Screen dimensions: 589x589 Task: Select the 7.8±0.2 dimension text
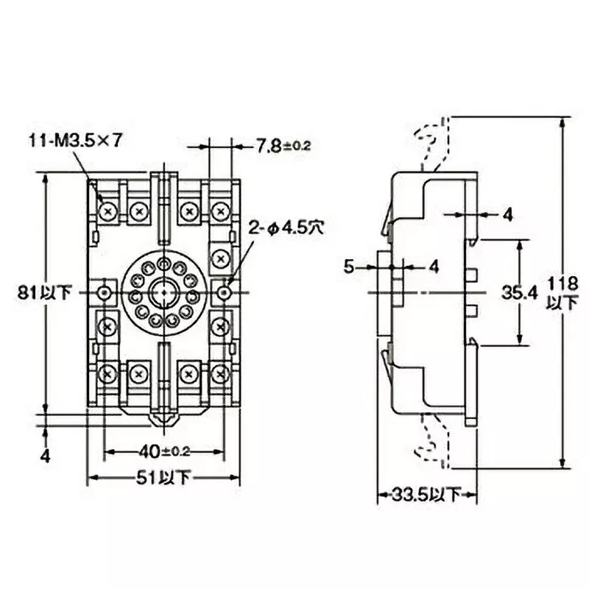click(x=283, y=146)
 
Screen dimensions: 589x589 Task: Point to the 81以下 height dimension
click(x=45, y=293)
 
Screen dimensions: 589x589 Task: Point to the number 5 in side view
click(x=350, y=267)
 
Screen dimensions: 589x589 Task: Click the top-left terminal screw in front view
click(x=109, y=212)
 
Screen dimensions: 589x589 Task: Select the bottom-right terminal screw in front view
click(x=219, y=374)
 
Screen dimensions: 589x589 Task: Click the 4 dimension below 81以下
click(x=45, y=456)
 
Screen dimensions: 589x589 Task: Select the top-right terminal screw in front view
click(x=219, y=212)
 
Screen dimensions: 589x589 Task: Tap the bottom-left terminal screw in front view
click(x=109, y=374)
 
